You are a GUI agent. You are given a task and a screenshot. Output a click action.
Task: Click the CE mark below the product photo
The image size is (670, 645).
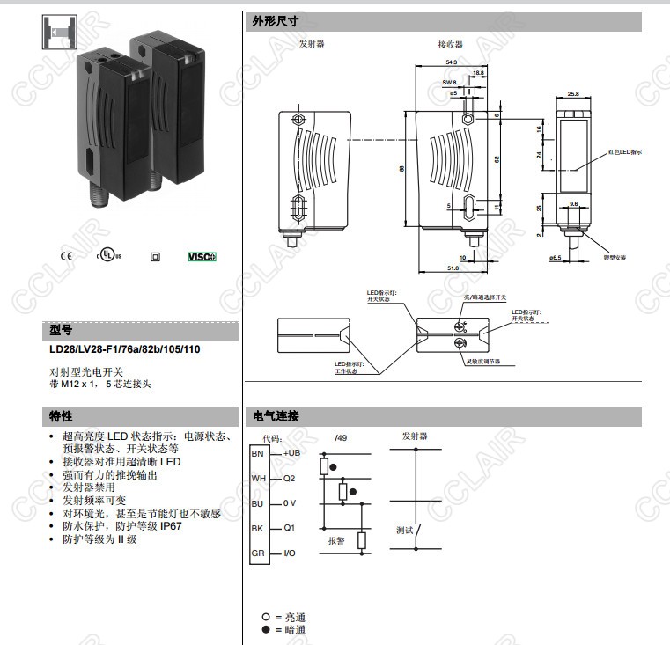[65, 257]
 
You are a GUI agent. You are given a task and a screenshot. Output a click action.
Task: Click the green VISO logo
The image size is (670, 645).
[202, 257]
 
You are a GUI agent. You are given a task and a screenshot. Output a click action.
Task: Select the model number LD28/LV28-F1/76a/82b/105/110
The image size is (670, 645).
[124, 349]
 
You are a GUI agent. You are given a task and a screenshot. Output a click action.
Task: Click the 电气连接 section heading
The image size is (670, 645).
[276, 416]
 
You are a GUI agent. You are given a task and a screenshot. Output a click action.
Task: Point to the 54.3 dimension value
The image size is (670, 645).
[451, 62]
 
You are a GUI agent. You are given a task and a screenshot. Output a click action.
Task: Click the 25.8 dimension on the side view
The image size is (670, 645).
[573, 93]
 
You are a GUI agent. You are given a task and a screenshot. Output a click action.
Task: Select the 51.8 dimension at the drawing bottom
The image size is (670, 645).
[453, 268]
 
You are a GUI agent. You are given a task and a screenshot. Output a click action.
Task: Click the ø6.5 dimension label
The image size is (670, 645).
[555, 258]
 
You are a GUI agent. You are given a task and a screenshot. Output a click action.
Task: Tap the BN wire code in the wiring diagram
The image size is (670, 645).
[257, 453]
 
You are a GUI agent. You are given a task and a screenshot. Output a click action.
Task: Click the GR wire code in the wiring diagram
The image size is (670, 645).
[257, 553]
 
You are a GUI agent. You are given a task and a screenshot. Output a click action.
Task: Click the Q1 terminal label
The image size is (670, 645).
[288, 529]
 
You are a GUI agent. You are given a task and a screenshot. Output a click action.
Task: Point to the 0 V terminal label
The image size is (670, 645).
[291, 503]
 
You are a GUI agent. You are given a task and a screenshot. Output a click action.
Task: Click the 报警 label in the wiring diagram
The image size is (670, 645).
[335, 541]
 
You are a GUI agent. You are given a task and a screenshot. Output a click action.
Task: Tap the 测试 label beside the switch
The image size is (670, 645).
[404, 530]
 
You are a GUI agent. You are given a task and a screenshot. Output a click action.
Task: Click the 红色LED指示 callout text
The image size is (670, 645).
[624, 152]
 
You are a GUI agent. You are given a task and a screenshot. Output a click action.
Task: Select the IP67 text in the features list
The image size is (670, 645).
[167, 525]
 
